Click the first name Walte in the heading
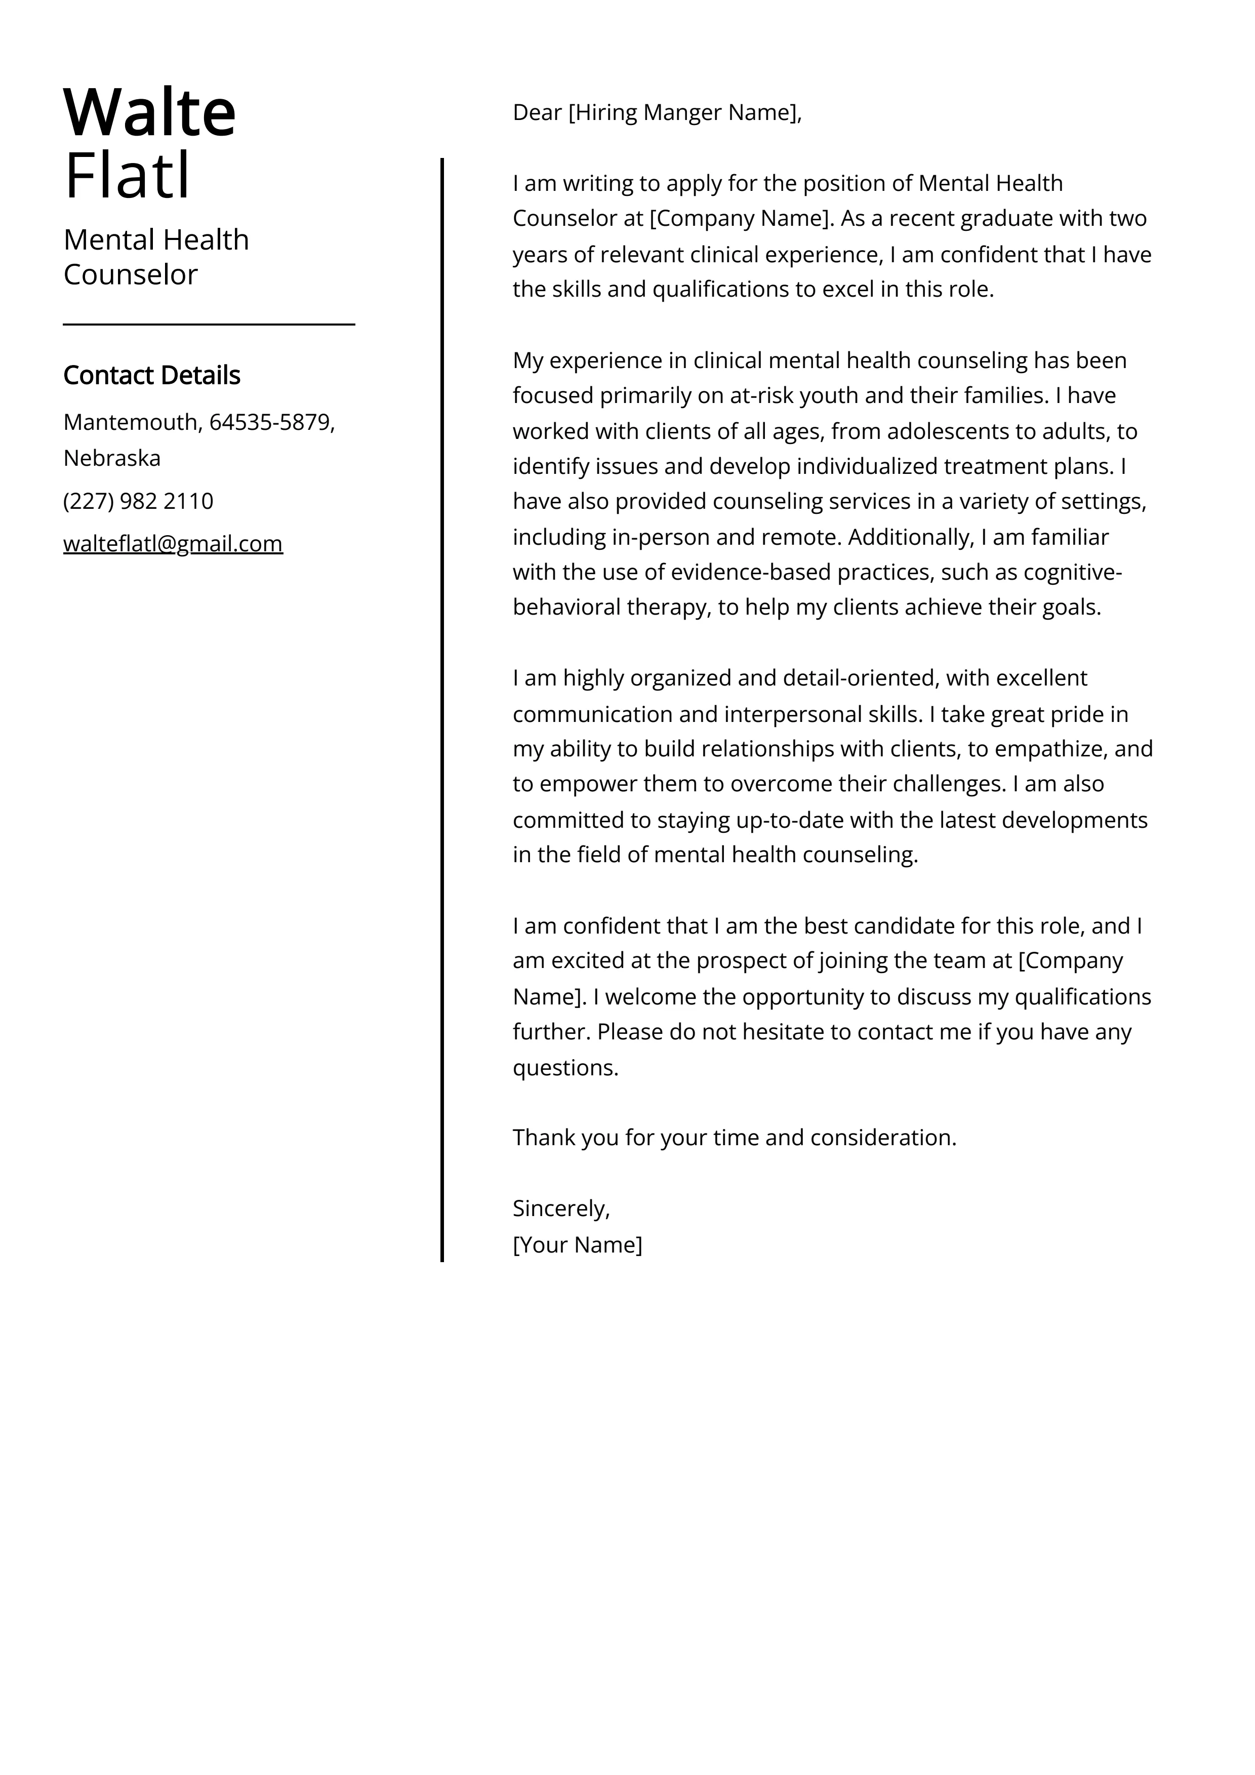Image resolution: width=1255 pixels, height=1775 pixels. (149, 113)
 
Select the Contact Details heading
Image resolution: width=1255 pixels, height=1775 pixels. (151, 376)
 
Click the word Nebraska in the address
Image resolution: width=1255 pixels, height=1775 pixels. (112, 459)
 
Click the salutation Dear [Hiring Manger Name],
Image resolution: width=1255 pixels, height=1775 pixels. (657, 113)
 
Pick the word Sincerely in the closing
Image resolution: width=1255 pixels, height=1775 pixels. (560, 1209)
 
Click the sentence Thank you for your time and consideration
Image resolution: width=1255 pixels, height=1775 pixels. (735, 1138)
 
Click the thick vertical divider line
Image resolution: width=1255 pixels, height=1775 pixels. (442, 696)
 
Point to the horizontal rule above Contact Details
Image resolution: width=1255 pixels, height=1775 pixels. (209, 325)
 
